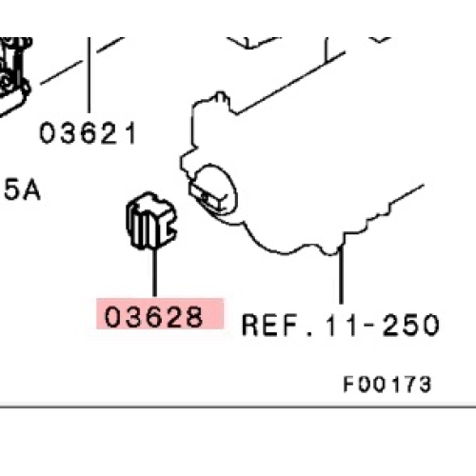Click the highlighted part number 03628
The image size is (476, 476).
coord(153,316)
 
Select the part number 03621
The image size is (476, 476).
coord(88,133)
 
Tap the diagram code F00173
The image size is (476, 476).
coord(387,384)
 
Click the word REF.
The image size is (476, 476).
coord(270,325)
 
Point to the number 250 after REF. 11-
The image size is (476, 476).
coord(411,325)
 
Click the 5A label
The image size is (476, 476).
coord(22,190)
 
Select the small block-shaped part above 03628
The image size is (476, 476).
coord(151,220)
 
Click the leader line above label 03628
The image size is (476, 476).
coord(154,273)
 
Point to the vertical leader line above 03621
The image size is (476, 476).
coord(89,75)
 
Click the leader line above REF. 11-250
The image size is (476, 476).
coord(341,275)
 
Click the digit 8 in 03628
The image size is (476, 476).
coord(194,316)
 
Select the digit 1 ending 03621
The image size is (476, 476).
coord(132,133)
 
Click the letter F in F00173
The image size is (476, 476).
coord(348,384)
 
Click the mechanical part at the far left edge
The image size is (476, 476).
coord(14,76)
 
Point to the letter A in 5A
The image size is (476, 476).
coord(32,190)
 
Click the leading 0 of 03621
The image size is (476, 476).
coord(48,133)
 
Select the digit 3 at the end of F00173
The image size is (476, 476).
coord(425,384)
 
